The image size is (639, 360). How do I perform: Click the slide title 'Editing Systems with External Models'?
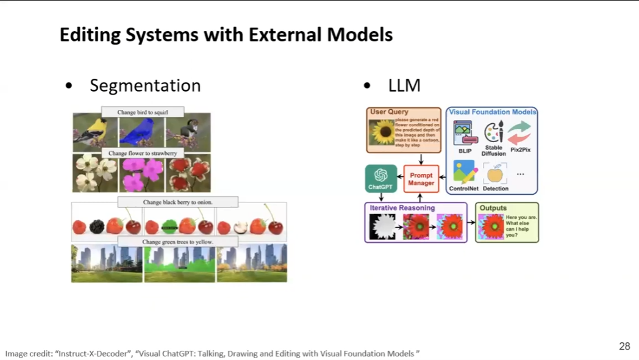coord(226,35)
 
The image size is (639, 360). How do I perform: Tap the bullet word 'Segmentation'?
coord(145,85)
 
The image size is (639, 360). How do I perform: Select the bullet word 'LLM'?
coord(404,85)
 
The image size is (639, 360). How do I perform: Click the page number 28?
coord(624,346)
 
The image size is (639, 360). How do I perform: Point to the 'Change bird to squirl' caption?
coord(143,112)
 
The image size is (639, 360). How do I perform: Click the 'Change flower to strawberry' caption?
coord(143,153)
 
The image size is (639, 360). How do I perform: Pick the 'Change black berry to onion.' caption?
coord(177,202)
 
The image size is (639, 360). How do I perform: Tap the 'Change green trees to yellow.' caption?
coord(177,242)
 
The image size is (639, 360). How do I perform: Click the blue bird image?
coord(141,132)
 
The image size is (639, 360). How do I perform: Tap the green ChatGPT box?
coord(380,179)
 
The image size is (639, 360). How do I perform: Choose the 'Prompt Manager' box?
coord(421,179)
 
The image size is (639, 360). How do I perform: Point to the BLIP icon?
coord(465,133)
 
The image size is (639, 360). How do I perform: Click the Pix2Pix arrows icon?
coord(519,133)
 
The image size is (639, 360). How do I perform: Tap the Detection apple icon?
coord(495,174)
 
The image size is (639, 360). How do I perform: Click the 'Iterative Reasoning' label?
coord(402,208)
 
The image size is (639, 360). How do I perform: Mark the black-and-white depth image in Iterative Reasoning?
coord(382,227)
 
